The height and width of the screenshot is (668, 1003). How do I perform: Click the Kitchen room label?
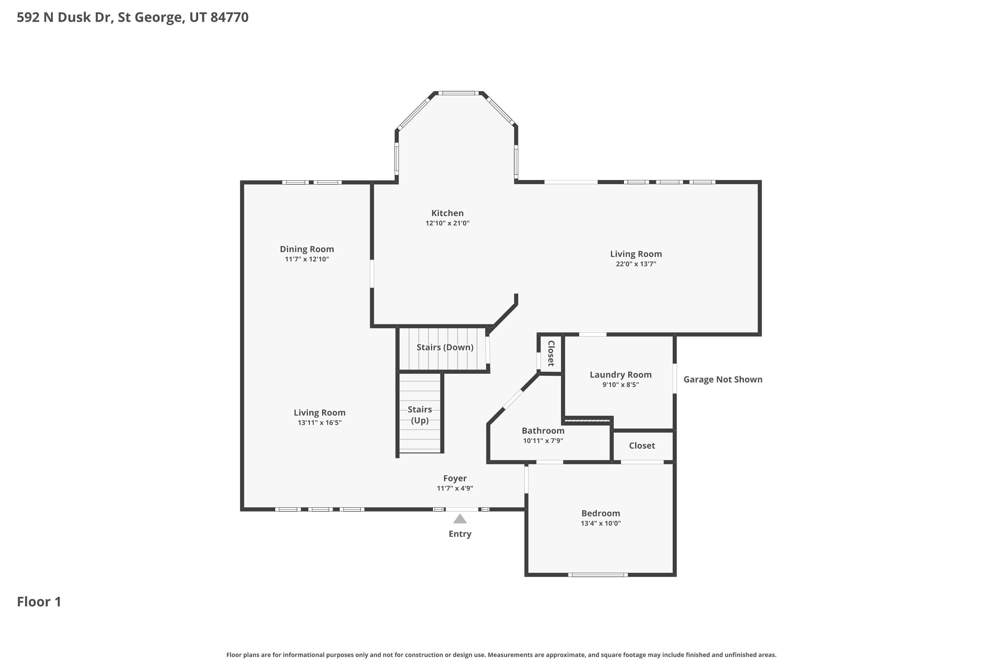(447, 213)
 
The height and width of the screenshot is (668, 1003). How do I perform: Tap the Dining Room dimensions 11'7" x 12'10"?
(307, 259)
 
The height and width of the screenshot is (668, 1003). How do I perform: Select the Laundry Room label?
(620, 374)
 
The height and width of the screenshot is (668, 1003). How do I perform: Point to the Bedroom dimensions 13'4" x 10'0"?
(600, 523)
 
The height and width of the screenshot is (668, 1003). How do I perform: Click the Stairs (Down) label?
(445, 347)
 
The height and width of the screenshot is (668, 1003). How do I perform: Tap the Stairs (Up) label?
(420, 414)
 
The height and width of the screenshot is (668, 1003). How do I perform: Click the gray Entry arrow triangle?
(459, 519)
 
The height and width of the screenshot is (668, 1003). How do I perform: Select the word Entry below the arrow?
(460, 534)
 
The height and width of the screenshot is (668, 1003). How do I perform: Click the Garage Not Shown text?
(722, 379)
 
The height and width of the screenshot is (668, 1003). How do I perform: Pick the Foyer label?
(455, 478)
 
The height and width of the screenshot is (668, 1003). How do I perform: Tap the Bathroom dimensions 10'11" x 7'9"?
(543, 441)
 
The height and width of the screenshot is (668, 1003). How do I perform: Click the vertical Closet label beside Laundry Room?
(551, 353)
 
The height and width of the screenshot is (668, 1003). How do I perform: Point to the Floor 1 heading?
(39, 602)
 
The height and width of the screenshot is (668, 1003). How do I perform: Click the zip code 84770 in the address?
(229, 17)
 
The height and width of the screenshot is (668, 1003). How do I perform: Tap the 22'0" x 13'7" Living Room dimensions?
(636, 264)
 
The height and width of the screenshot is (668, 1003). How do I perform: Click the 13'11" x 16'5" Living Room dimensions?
(319, 423)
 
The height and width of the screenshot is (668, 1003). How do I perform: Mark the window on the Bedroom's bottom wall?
(597, 575)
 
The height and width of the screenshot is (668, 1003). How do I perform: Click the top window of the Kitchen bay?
(458, 93)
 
